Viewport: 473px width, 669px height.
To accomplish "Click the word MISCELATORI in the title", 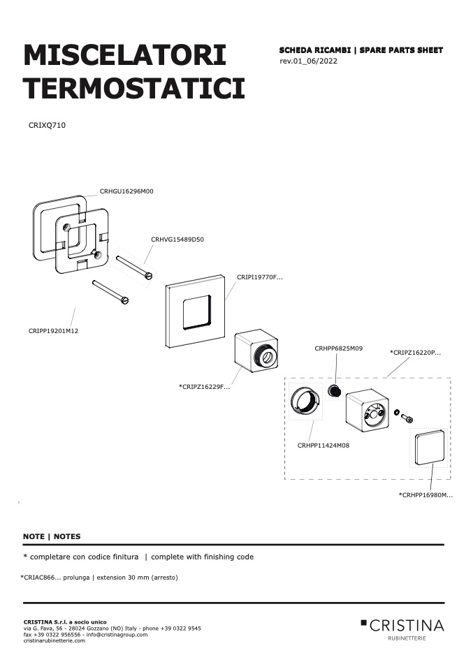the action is [x=124, y=55].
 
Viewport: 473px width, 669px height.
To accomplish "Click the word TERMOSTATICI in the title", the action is [x=134, y=88].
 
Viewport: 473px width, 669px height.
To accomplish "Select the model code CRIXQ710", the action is [x=47, y=125].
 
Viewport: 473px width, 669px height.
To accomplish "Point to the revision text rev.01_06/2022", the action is [x=308, y=61].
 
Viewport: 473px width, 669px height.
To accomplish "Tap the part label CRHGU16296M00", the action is [x=126, y=191].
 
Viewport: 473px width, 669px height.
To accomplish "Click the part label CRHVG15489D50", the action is [x=177, y=240].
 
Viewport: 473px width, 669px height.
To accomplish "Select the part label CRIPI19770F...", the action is [x=259, y=277].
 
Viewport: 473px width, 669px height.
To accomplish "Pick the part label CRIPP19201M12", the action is [x=53, y=331].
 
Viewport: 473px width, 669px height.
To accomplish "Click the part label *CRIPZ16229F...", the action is [x=204, y=387].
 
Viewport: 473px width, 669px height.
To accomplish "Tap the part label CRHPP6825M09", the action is [x=339, y=348].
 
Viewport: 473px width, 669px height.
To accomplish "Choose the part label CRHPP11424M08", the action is [x=323, y=446].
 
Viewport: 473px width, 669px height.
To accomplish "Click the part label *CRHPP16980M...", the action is [x=425, y=495].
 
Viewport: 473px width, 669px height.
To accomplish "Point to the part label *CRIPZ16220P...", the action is [x=416, y=353].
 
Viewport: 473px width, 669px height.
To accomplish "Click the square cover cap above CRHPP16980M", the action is [x=429, y=448].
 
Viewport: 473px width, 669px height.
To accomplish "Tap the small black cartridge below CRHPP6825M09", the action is [x=335, y=390].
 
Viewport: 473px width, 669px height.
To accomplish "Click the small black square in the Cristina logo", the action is [x=363, y=622].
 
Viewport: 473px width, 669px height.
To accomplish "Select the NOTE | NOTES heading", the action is [x=52, y=536].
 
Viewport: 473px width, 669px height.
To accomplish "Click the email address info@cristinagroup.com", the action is [x=117, y=635].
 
